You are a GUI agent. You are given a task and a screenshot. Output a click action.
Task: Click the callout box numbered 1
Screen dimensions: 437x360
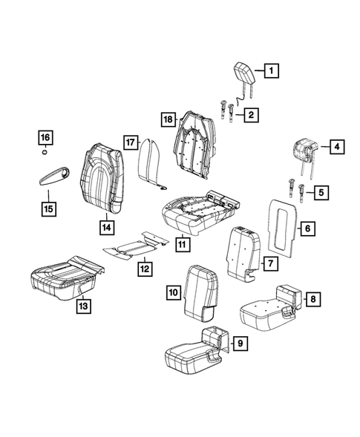(272, 72)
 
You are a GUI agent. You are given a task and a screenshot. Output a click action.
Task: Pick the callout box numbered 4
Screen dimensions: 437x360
(336, 147)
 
